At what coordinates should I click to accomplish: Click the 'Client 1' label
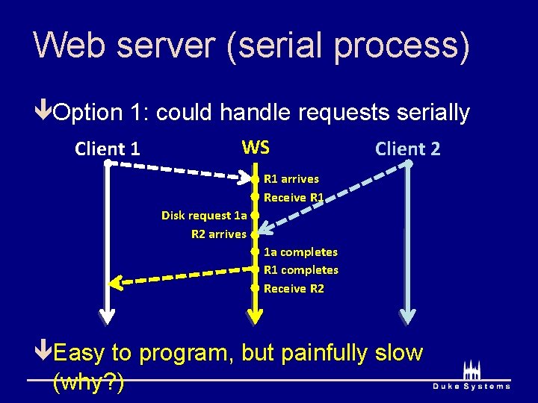click(x=107, y=149)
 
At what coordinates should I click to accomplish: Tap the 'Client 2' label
click(x=407, y=149)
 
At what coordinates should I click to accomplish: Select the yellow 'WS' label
click(x=256, y=147)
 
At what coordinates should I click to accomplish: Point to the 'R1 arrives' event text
click(x=291, y=179)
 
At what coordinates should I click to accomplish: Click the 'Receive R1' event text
click(x=294, y=198)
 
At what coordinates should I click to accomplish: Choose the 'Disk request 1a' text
click(x=204, y=216)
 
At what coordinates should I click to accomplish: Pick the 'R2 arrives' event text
click(x=218, y=234)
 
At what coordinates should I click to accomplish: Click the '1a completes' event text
click(x=300, y=252)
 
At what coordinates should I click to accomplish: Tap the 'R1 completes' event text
click(x=301, y=270)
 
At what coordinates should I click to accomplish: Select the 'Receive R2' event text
click(x=294, y=289)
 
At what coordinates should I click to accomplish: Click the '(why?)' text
click(x=89, y=383)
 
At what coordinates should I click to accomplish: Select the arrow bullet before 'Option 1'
click(x=43, y=113)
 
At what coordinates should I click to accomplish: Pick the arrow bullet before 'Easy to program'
click(x=43, y=352)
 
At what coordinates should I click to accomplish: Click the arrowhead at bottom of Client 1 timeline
click(x=108, y=315)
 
